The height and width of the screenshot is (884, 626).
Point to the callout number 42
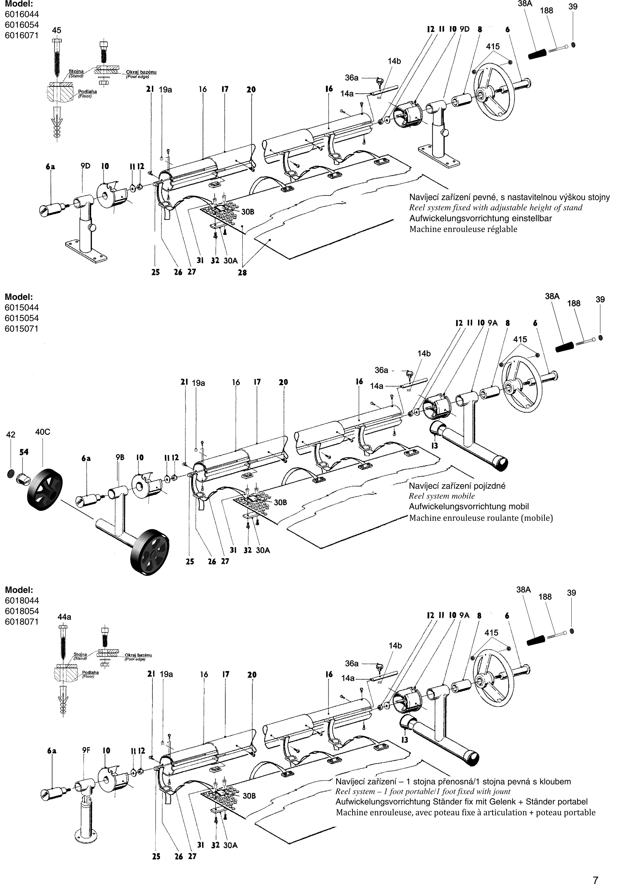click(11, 435)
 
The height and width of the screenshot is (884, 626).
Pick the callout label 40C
click(43, 432)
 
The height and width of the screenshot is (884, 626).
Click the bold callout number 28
click(242, 273)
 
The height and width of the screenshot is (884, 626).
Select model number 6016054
click(22, 25)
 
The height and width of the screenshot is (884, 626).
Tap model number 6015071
click(22, 329)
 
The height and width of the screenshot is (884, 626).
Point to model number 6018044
click(22, 600)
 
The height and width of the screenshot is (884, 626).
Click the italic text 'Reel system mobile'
click(442, 496)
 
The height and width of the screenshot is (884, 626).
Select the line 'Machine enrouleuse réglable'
click(463, 229)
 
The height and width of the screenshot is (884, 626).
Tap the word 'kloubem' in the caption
click(555, 781)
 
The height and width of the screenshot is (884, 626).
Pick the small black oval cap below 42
click(11, 473)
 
